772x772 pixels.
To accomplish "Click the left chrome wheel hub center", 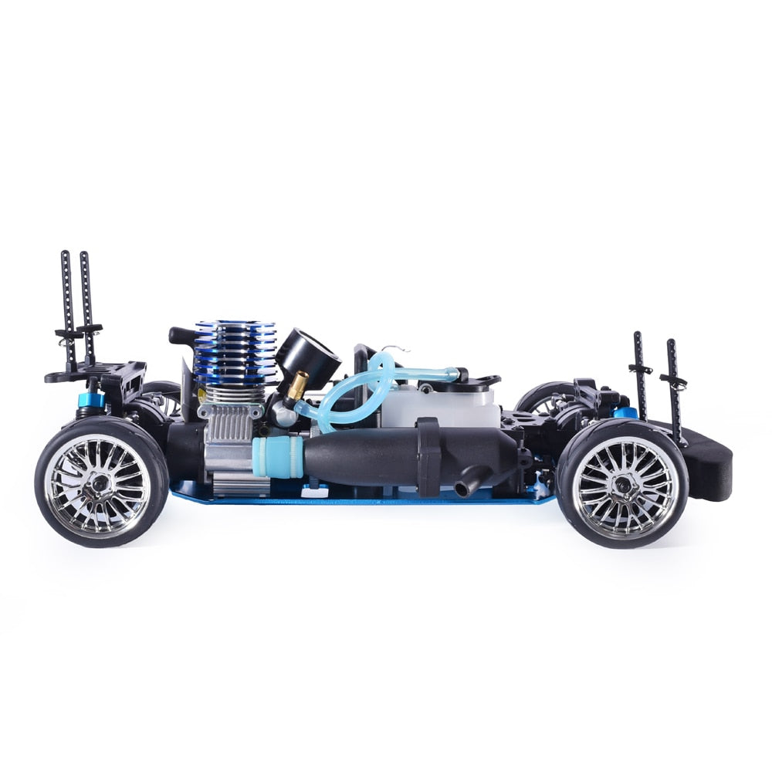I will [x=99, y=483].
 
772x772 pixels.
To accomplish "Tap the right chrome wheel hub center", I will [x=624, y=483].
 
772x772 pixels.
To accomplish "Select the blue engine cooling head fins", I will [x=235, y=351].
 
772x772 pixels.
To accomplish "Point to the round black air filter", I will [x=309, y=355].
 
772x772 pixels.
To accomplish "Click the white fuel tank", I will [x=440, y=405].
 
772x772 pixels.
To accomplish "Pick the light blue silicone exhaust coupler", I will [x=276, y=457].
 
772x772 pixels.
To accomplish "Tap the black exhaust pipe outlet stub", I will [x=466, y=488].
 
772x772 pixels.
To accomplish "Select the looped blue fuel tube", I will [x=363, y=386].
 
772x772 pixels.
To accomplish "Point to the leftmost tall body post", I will [x=66, y=309].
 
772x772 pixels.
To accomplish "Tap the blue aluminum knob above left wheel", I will [x=91, y=400].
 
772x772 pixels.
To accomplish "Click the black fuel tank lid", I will [x=475, y=380].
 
